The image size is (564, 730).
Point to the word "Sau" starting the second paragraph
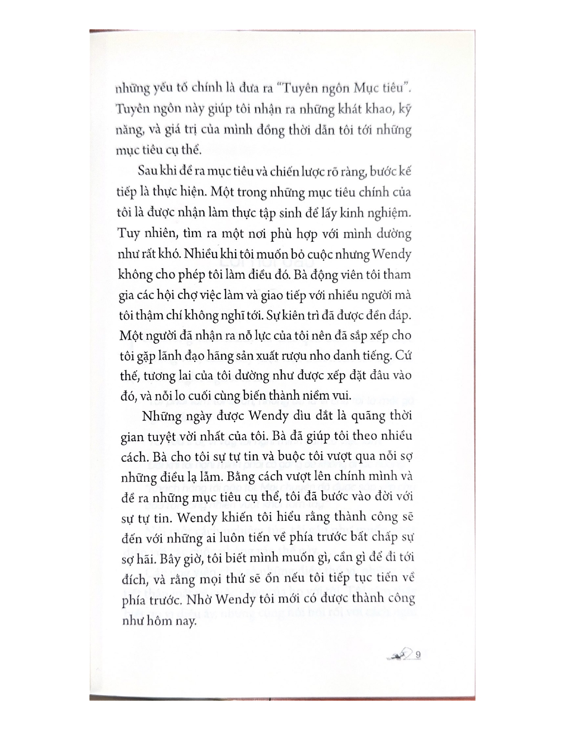coord(146,171)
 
